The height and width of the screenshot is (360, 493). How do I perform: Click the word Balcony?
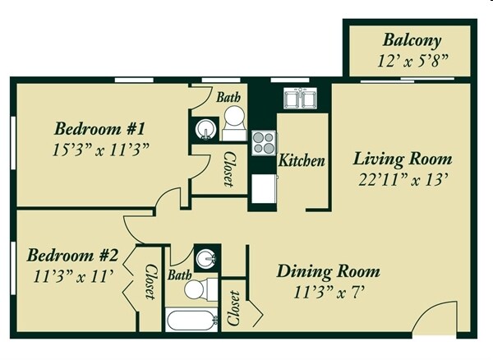412,40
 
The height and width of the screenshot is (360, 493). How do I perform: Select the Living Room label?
402,159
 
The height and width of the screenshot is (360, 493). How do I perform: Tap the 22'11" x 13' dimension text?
402,178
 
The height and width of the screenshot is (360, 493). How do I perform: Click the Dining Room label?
327,271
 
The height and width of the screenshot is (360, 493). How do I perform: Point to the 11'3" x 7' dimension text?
327,290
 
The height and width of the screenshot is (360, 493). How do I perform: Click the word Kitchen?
301,160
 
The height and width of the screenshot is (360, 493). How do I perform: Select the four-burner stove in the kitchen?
263,143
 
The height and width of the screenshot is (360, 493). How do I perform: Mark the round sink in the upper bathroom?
204,130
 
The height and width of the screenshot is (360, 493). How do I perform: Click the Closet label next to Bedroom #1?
229,168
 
